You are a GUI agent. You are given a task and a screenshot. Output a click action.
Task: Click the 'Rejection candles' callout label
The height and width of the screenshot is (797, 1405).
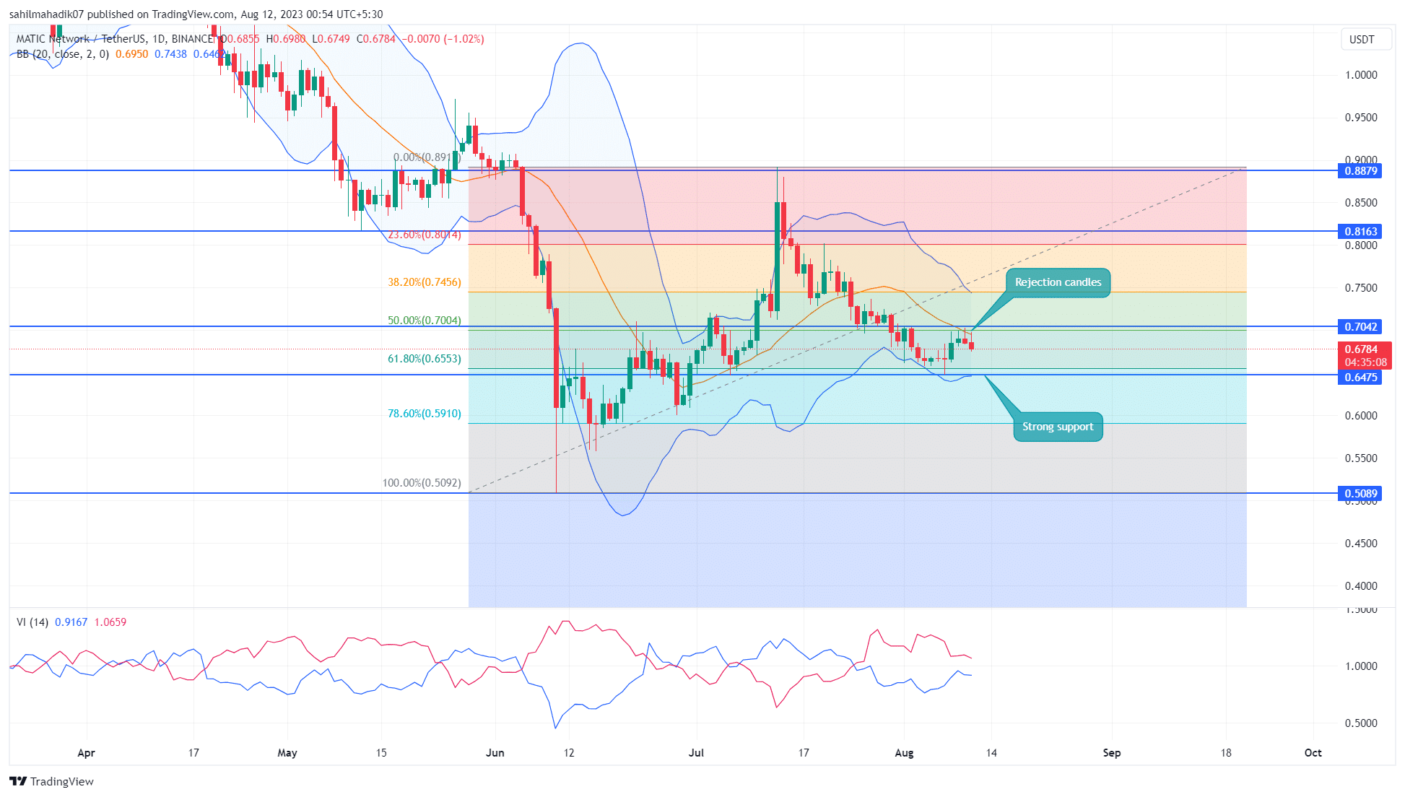tap(1058, 282)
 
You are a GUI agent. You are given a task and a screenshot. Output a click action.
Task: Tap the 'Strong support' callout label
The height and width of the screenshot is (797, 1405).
tap(1058, 427)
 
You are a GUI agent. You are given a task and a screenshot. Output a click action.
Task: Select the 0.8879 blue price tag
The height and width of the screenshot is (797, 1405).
tap(1360, 171)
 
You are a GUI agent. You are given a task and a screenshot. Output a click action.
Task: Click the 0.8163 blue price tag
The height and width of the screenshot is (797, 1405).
tap(1360, 232)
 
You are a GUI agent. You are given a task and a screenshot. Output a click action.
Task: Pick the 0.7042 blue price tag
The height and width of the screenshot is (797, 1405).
tap(1360, 327)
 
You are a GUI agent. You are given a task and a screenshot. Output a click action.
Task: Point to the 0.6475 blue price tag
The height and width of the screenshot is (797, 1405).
tap(1360, 378)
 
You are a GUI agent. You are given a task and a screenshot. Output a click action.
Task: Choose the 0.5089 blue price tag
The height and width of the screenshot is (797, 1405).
tap(1360, 494)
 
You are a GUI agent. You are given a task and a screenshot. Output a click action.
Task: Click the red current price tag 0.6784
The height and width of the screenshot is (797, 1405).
tap(1360, 349)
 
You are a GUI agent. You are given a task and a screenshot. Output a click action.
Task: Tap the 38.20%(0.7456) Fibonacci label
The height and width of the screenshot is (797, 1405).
tap(425, 282)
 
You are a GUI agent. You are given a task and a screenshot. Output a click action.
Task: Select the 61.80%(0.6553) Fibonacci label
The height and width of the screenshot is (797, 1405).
tap(425, 359)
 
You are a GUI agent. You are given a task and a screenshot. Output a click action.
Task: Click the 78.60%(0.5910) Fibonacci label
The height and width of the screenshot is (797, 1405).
tap(425, 414)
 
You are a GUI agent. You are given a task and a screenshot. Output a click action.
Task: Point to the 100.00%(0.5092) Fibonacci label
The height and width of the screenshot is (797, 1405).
tap(422, 483)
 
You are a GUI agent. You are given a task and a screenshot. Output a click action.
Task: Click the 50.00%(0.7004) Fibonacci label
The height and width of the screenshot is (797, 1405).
tap(425, 321)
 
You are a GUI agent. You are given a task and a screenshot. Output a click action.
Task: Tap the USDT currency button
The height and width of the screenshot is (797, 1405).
tap(1362, 40)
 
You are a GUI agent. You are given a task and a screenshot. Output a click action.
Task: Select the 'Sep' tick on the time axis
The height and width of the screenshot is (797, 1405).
tap(1112, 753)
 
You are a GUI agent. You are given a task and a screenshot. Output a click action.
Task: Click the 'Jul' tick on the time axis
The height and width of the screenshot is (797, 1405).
tap(696, 753)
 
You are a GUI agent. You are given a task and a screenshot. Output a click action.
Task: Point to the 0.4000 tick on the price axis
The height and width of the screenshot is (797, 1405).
tap(1360, 586)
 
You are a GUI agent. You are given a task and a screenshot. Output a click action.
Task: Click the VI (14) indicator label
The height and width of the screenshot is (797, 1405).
tap(32, 622)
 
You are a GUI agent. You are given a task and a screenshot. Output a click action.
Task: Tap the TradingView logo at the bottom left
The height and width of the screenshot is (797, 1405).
tap(52, 782)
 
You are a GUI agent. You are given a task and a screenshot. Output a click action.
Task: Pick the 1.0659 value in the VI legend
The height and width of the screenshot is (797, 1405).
tap(110, 622)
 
